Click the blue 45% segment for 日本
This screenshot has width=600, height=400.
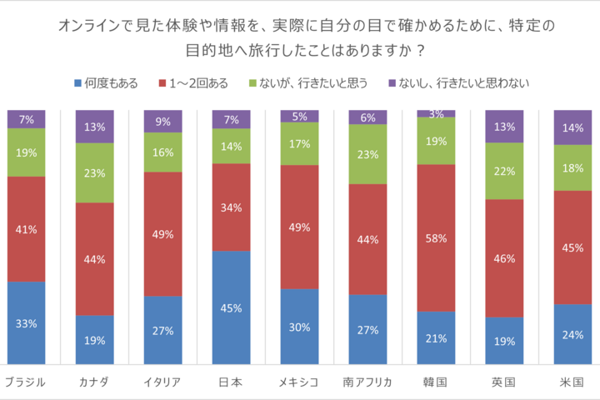[x=231, y=307]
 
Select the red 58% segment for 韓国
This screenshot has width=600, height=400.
[x=436, y=237]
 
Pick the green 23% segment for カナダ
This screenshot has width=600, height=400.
[x=94, y=173]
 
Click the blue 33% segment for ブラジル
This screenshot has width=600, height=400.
[x=26, y=322]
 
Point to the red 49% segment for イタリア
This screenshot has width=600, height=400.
[x=162, y=234]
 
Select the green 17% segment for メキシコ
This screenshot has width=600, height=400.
[x=299, y=143]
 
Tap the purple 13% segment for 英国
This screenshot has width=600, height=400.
[x=504, y=127]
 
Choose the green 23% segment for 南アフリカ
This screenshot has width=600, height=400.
[x=367, y=154]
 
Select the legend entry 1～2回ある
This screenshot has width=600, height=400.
[x=196, y=82]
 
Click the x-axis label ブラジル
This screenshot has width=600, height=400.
[x=26, y=382]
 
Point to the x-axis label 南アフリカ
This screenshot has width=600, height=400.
[x=367, y=382]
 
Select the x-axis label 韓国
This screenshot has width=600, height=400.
[x=436, y=382]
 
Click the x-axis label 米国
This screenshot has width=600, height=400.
[x=572, y=382]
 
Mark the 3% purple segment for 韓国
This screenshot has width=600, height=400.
[x=436, y=113]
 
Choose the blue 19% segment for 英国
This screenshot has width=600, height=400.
[x=504, y=340]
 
